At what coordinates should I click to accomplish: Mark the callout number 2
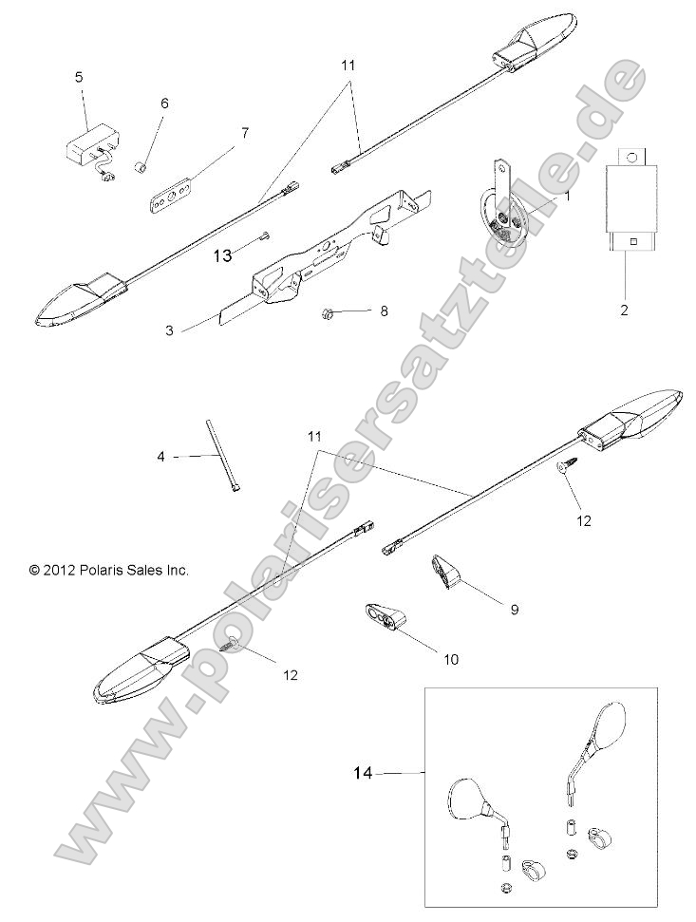coord(624,310)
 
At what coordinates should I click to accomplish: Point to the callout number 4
coord(161,457)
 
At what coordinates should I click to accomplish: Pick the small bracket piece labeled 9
coord(447,573)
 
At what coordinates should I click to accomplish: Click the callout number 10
coord(424,658)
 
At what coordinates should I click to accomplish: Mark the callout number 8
coord(384,310)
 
